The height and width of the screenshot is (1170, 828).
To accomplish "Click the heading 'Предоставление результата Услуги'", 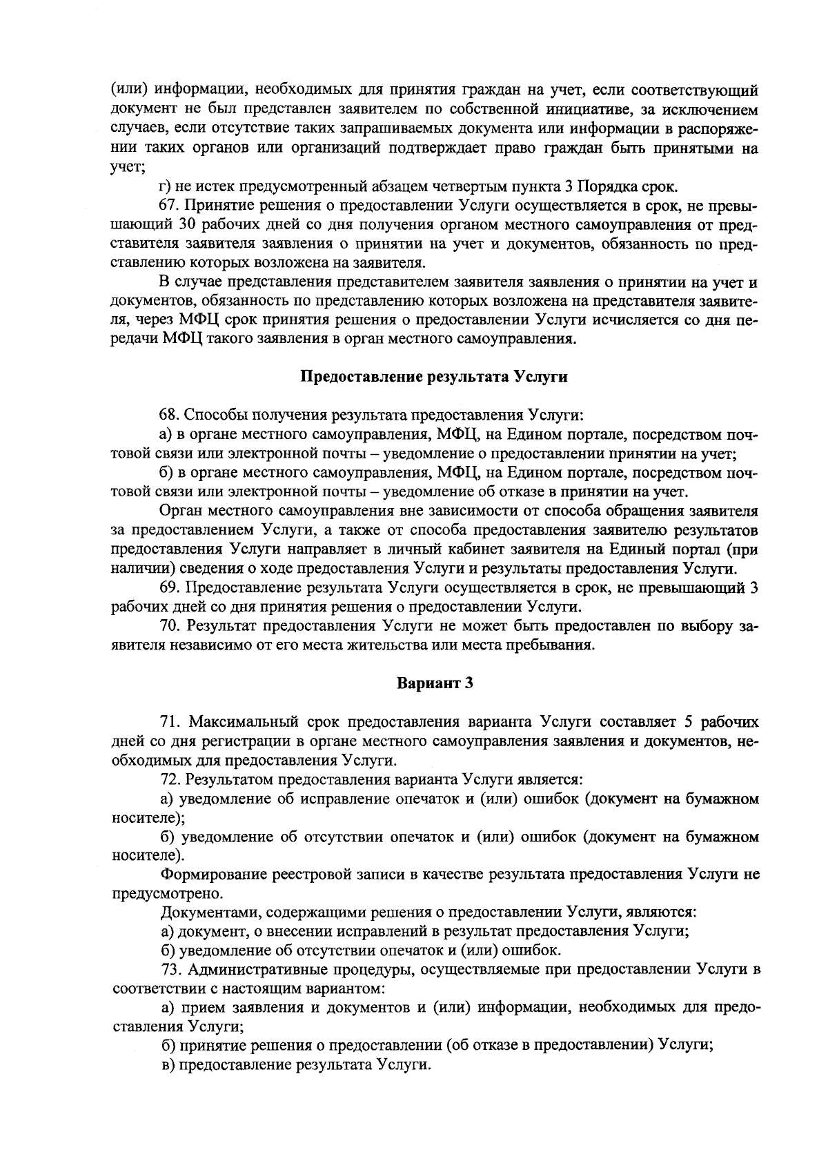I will pyautogui.click(x=435, y=377).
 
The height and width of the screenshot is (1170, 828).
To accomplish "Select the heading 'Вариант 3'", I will pyautogui.click(x=435, y=683).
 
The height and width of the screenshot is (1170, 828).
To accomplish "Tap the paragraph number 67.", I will pyautogui.click(x=169, y=206).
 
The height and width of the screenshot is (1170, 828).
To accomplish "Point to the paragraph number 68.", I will pyautogui.click(x=169, y=416).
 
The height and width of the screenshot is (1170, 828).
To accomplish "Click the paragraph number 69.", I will pyautogui.click(x=169, y=588).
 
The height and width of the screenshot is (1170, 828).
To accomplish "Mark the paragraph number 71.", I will pyautogui.click(x=169, y=722).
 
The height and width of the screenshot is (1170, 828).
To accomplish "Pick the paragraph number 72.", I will pyautogui.click(x=169, y=780).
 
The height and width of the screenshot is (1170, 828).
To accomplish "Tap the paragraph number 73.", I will pyautogui.click(x=169, y=969).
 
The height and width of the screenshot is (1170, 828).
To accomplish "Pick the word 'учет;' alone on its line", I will pyautogui.click(x=127, y=168).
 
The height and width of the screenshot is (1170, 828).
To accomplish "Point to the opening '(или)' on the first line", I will pyautogui.click(x=129, y=90).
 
